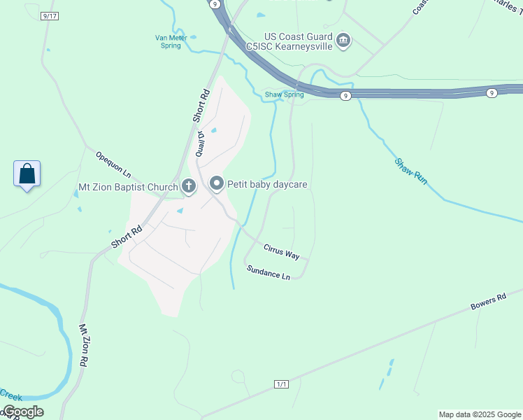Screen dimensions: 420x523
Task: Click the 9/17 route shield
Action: coord(48,15)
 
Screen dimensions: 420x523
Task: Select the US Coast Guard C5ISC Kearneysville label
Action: coord(297,41)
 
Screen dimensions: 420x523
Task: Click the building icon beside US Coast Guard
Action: coord(343,41)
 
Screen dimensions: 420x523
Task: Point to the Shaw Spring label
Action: coord(284,94)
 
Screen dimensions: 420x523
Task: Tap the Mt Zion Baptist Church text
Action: coord(128,187)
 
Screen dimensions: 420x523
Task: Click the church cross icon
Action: coord(188,185)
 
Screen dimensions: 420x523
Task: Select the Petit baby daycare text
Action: coord(268,184)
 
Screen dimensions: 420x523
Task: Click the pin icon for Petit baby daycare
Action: coord(216,184)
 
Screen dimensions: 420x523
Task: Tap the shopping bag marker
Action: coord(27,174)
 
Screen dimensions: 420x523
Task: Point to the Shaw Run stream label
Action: coord(410,171)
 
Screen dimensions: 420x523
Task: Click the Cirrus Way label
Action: coord(282,251)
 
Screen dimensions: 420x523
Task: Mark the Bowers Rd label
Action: coord(488,301)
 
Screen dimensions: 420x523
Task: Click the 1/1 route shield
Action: coord(282,384)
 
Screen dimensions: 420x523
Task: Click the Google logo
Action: coord(22,412)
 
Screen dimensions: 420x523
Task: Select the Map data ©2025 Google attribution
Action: coord(480,414)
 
